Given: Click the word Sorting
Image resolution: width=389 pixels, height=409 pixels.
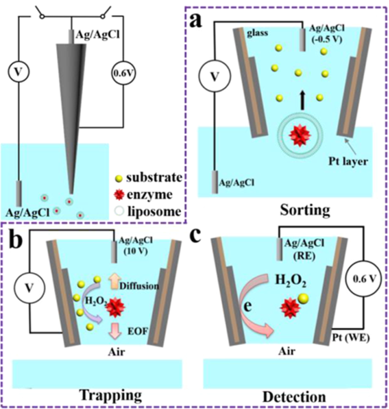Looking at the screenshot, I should (286, 210).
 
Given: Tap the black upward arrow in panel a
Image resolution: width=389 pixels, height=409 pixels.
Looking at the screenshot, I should (297, 99).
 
